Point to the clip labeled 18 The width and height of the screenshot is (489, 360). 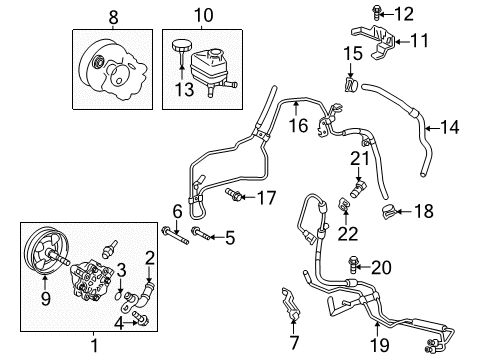390,210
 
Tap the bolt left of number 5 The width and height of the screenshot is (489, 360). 198,236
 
